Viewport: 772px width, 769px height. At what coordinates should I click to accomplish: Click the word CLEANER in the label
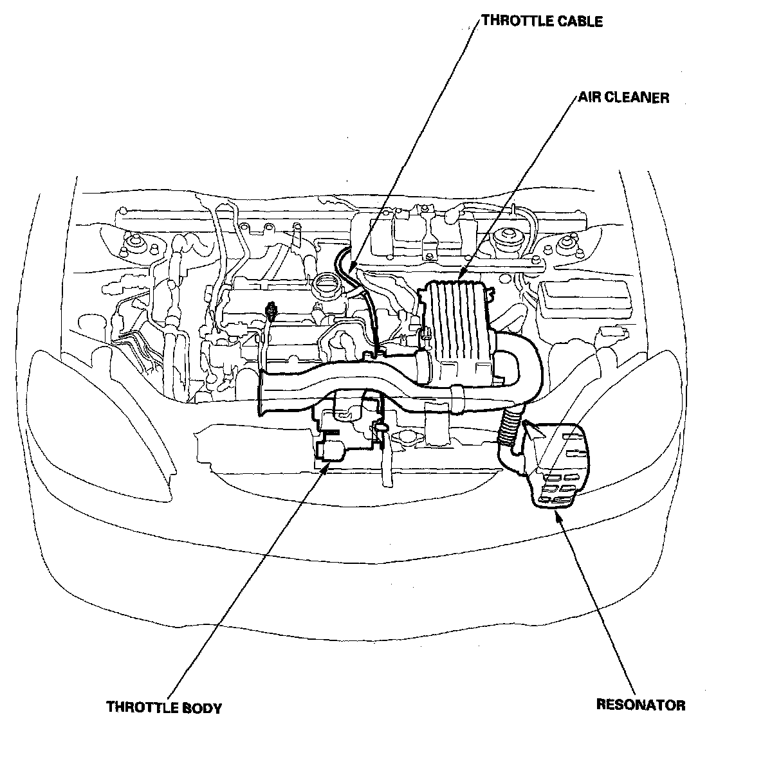tap(636, 98)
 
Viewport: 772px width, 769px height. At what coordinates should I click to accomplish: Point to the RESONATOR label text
tap(641, 705)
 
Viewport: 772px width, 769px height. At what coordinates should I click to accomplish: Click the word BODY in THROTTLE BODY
tap(200, 708)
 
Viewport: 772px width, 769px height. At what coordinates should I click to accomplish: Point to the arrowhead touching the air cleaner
tap(463, 277)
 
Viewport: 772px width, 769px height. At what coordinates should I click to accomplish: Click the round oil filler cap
tap(325, 284)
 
